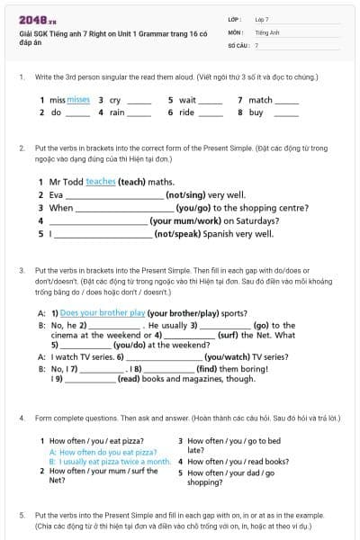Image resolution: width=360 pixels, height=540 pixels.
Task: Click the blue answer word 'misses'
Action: (78, 100)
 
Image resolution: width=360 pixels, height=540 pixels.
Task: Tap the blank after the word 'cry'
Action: (139, 101)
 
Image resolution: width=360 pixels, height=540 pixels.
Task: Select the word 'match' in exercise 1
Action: (260, 100)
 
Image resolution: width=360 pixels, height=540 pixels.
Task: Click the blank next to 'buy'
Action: (286, 113)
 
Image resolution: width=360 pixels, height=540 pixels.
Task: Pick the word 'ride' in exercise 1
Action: (186, 112)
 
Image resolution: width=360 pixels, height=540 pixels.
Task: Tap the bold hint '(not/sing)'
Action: (185, 194)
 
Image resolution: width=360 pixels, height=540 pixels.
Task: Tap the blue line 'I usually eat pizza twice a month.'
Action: (109, 462)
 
